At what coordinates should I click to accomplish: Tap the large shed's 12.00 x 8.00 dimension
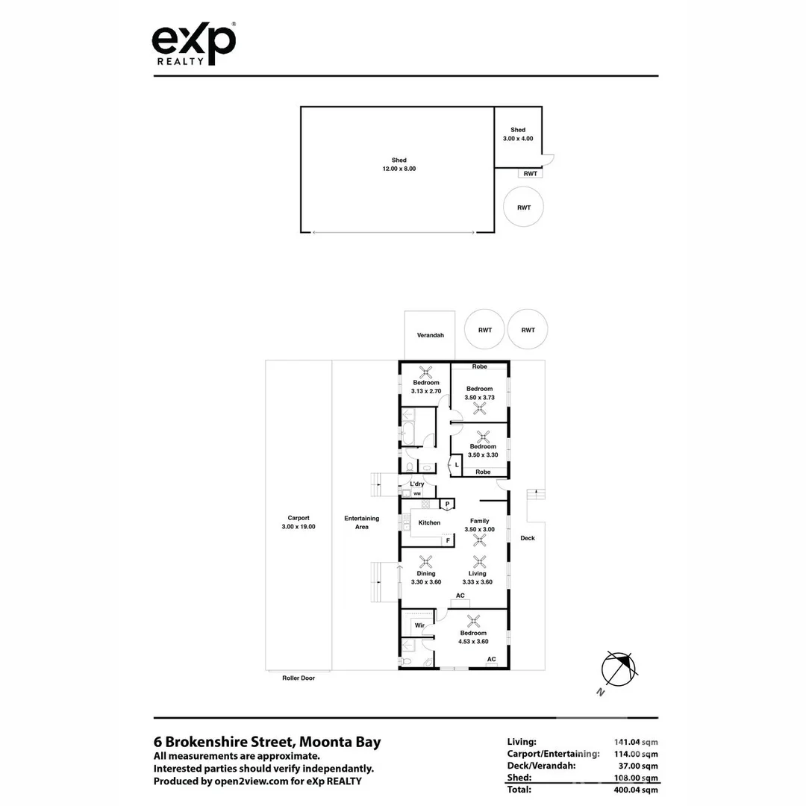399,169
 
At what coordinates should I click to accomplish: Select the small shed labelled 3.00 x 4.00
517,138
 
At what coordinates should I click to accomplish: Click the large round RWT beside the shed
523,207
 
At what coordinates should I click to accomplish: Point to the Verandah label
431,335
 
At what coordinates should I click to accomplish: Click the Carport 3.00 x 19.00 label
299,522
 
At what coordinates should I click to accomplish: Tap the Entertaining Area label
361,522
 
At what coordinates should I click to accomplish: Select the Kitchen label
429,522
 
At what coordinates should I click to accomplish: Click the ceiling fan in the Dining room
426,562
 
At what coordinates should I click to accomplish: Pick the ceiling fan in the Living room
478,562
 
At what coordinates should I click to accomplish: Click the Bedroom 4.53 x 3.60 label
473,637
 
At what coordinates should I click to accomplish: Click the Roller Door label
299,678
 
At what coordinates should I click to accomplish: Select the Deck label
528,537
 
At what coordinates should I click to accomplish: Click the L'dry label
416,484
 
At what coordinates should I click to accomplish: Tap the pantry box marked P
447,504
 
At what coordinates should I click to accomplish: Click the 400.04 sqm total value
635,789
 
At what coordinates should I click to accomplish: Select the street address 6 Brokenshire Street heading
267,742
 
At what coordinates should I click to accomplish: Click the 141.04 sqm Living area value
635,742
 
